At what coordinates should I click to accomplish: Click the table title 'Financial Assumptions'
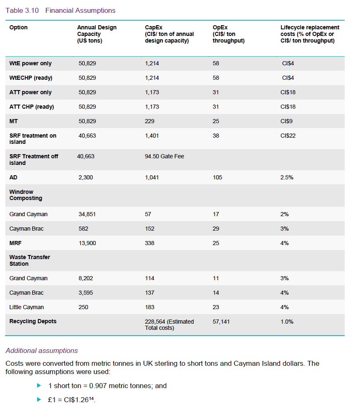tap(80, 10)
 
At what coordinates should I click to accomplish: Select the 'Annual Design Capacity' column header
tap(97, 33)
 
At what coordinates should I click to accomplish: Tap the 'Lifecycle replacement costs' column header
tap(310, 34)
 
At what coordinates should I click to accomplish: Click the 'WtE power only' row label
tap(31, 64)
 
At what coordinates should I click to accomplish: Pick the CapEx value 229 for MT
tap(150, 121)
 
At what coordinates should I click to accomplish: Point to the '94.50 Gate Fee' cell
tap(165, 156)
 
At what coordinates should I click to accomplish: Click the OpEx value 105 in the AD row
tap(217, 177)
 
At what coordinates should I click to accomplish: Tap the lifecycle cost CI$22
tap(288, 136)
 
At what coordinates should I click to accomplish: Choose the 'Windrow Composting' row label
tap(26, 195)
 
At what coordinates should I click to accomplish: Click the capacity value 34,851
tap(87, 214)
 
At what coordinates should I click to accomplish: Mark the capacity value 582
tap(83, 229)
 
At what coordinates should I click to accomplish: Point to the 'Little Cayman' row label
tap(26, 307)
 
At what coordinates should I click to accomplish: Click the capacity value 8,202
tap(86, 278)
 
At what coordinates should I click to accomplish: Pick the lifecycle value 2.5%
tap(287, 177)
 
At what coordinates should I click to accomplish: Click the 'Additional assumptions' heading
tap(41, 350)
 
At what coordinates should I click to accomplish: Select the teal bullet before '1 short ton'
tap(39, 386)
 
